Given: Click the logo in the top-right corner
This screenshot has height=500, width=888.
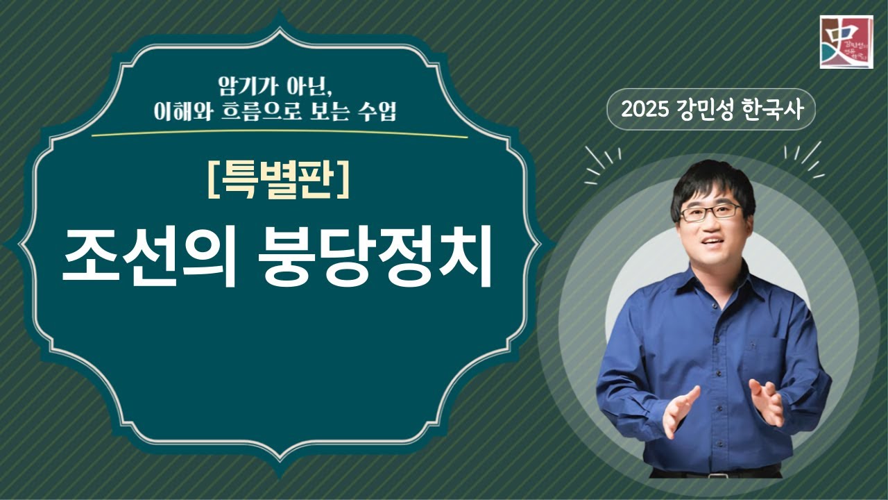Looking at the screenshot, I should (846, 42).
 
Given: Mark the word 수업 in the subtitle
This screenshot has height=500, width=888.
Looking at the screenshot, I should (375, 112).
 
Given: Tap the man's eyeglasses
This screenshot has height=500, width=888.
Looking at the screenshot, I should (710, 211).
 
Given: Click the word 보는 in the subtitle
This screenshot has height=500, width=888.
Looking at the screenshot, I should (327, 112).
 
